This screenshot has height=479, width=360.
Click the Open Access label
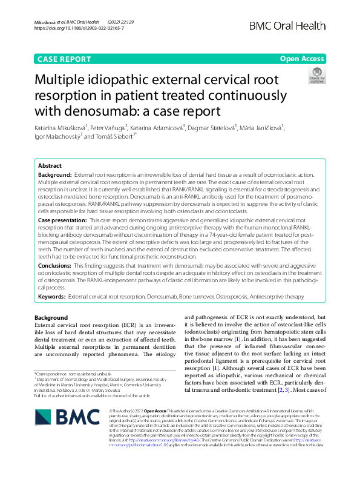click(303, 59)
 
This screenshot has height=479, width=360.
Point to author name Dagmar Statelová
click(212, 128)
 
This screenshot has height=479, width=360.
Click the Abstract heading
click(50, 165)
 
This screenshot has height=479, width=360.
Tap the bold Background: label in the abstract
click(54, 174)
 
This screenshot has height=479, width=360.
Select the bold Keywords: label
click(52, 297)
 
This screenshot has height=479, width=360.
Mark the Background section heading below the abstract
click(51, 318)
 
